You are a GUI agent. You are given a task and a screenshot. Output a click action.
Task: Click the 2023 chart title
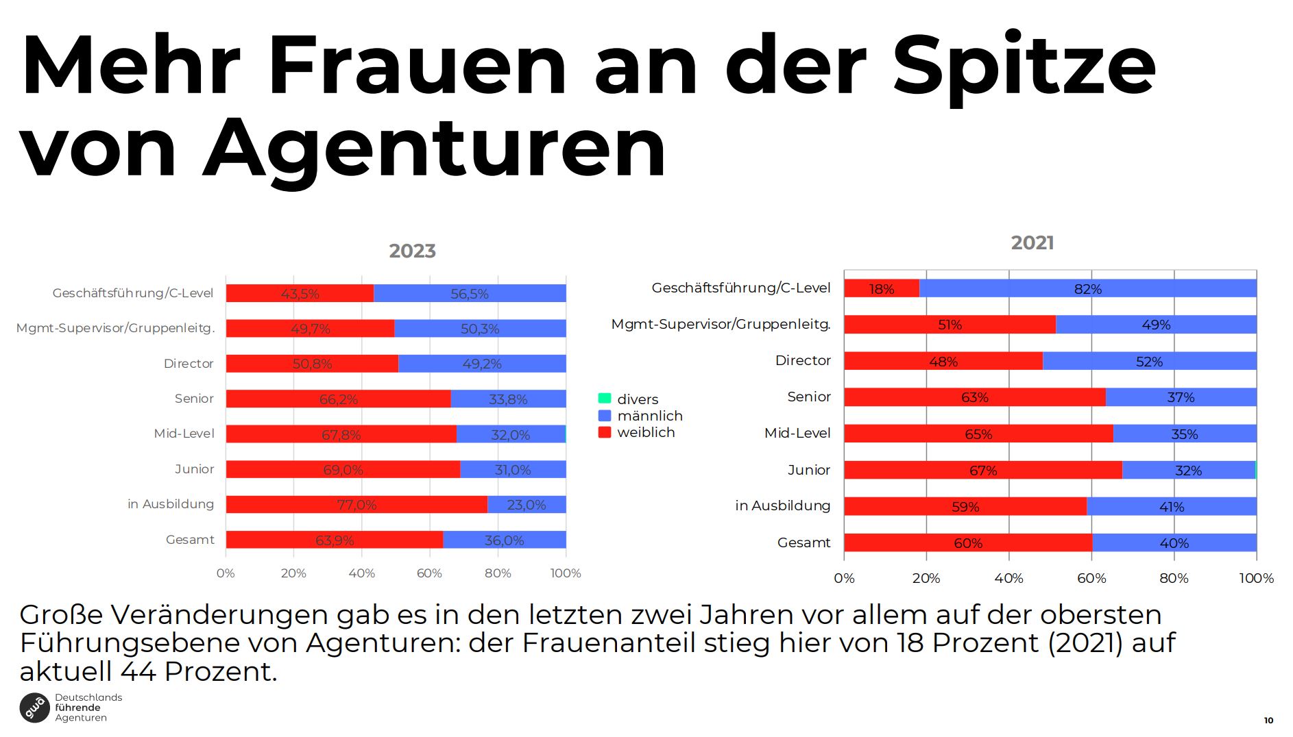click(x=412, y=251)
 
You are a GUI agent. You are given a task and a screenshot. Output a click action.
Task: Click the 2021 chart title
click(x=1032, y=243)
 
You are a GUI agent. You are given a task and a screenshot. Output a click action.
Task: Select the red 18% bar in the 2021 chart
click(x=881, y=288)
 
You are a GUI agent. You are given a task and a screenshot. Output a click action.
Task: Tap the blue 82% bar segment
click(x=1087, y=288)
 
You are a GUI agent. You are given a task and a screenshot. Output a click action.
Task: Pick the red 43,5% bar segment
click(x=300, y=294)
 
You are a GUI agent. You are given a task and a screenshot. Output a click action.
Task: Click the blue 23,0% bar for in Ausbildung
click(x=526, y=505)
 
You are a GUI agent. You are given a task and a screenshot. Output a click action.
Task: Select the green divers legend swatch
click(x=605, y=399)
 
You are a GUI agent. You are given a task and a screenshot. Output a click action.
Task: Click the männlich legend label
click(x=649, y=416)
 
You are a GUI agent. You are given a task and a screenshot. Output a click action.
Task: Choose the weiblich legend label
click(x=646, y=432)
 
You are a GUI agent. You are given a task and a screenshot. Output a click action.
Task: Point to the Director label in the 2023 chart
click(x=189, y=364)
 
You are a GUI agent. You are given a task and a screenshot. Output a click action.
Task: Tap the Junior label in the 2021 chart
click(x=808, y=470)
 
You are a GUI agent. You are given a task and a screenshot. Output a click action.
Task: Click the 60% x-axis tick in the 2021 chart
click(x=1091, y=578)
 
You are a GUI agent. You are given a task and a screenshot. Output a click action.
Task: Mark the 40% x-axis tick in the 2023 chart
click(x=361, y=573)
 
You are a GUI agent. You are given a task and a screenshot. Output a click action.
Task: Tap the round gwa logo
click(x=34, y=708)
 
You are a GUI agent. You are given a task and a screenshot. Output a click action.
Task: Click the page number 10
click(x=1268, y=720)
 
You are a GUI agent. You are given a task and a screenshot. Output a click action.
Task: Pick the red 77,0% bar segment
click(x=357, y=505)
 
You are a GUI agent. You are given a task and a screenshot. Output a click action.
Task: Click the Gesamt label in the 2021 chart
click(x=803, y=542)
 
